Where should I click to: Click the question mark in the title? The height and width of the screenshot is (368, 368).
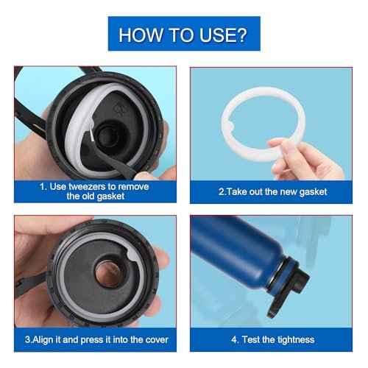(242, 34)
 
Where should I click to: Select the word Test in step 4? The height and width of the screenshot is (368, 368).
(252, 339)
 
